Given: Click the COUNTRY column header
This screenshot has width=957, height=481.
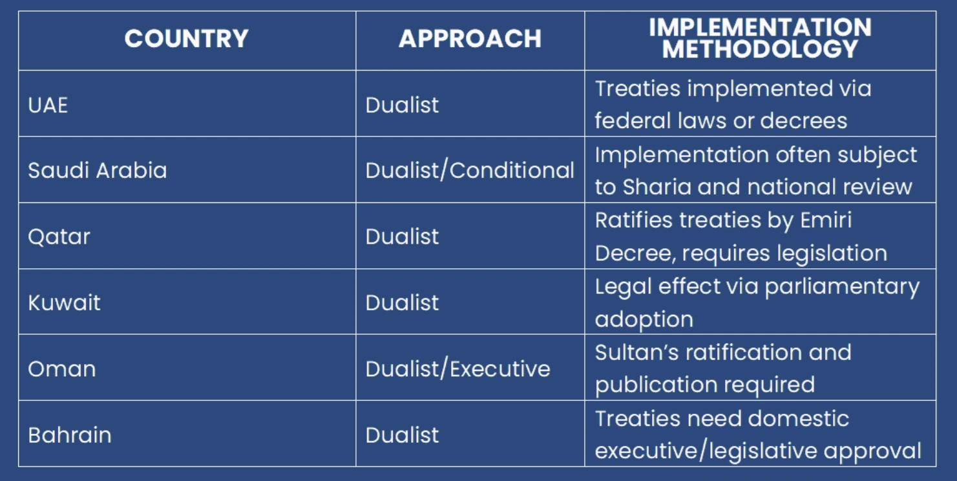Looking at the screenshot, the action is (187, 39).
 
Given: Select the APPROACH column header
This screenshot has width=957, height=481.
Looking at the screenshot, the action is (470, 39).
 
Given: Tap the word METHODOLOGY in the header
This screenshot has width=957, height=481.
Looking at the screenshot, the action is (760, 48).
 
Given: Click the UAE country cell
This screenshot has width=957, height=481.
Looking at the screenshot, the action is (48, 105).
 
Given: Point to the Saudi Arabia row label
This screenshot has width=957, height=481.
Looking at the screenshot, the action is (98, 170).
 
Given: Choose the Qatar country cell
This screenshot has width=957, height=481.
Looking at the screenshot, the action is (59, 237).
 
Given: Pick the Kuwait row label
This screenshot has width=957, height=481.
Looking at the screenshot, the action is (64, 303).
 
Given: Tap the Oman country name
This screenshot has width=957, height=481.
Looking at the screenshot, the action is (62, 369).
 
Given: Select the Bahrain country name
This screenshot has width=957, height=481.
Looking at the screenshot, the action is (70, 435).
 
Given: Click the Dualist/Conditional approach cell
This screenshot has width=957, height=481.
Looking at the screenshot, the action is (470, 171).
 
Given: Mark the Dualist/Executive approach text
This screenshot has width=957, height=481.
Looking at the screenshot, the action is (458, 369).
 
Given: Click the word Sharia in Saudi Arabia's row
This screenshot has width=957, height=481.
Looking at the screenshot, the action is (657, 187).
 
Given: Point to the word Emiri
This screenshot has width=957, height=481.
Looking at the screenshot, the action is (826, 220).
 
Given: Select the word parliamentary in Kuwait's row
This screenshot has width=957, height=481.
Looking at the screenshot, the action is (842, 287).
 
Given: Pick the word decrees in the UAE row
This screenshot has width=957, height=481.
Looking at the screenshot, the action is (804, 120).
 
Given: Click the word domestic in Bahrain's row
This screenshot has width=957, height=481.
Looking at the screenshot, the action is (799, 418).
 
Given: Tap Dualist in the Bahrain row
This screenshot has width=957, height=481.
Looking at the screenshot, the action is (402, 435).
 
